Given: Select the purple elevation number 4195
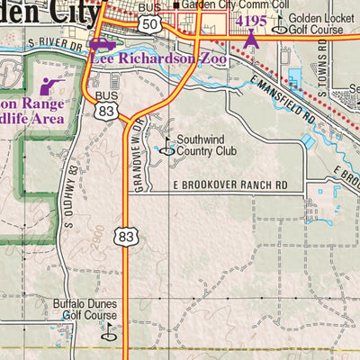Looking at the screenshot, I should (250, 20).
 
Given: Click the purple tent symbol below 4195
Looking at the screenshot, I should (251, 38).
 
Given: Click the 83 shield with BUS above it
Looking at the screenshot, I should (106, 111).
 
